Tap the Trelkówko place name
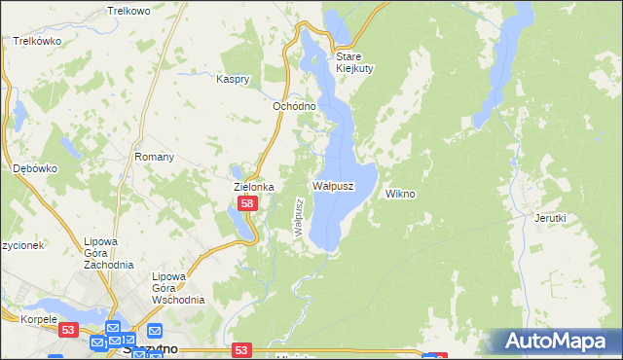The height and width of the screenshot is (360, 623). point(38,42)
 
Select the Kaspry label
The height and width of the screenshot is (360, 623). point(234,78)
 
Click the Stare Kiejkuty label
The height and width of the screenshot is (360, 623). point(355,62)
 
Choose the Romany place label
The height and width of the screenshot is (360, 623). point(154,157)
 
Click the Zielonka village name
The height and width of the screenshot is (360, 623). point(253,186)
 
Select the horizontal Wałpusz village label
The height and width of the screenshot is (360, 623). point(332,184)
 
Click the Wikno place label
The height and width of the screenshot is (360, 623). point(400,194)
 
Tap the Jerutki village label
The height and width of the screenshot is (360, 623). point(550,218)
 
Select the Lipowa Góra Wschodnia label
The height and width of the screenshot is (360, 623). point(178,288)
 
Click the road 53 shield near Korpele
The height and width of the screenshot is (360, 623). point(67,331)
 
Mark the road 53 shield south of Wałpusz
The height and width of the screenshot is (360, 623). point(242,349)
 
